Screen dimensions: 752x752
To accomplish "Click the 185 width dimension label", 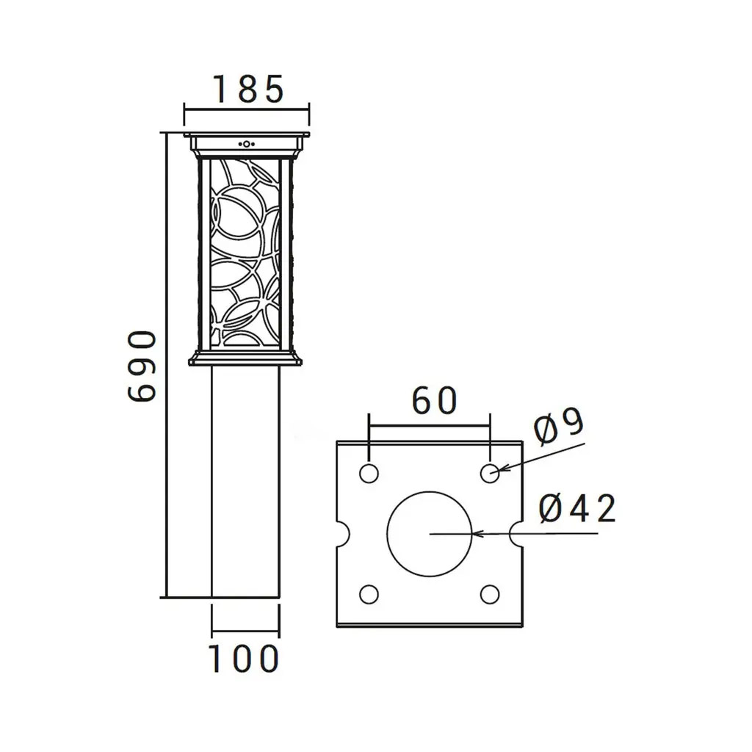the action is pyautogui.click(x=248, y=90).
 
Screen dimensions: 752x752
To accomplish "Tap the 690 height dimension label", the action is pyautogui.click(x=142, y=366).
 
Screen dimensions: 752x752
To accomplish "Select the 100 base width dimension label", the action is pyautogui.click(x=244, y=659).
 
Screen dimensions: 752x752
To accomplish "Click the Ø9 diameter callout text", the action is pyautogui.click(x=559, y=426).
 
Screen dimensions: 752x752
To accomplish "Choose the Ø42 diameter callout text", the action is pyautogui.click(x=577, y=509).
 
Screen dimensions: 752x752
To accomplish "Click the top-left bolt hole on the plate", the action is pyautogui.click(x=369, y=474).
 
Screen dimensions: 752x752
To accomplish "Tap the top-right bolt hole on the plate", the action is pyautogui.click(x=490, y=474).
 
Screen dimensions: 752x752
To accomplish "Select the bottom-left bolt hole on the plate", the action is pyautogui.click(x=369, y=594).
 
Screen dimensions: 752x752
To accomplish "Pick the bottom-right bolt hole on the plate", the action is pyautogui.click(x=490, y=594).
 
